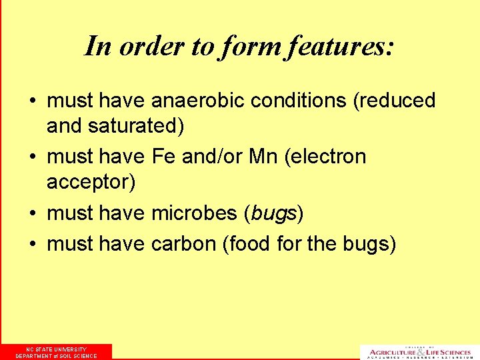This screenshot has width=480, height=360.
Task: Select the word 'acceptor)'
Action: click(x=91, y=181)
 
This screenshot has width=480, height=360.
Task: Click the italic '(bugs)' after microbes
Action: click(x=274, y=213)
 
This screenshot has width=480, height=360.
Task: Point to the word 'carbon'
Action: click(x=185, y=244)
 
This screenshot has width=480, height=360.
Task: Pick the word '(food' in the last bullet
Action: click(x=249, y=244)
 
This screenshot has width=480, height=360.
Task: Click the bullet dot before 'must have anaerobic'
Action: click(x=32, y=102)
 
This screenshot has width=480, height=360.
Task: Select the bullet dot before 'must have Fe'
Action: click(x=32, y=158)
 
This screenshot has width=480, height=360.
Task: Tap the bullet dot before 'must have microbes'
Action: click(x=32, y=214)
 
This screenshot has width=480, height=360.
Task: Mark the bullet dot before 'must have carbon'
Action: click(x=32, y=245)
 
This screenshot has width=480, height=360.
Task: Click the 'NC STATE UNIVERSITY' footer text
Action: click(x=56, y=349)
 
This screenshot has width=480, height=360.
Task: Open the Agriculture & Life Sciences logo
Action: click(x=418, y=351)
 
